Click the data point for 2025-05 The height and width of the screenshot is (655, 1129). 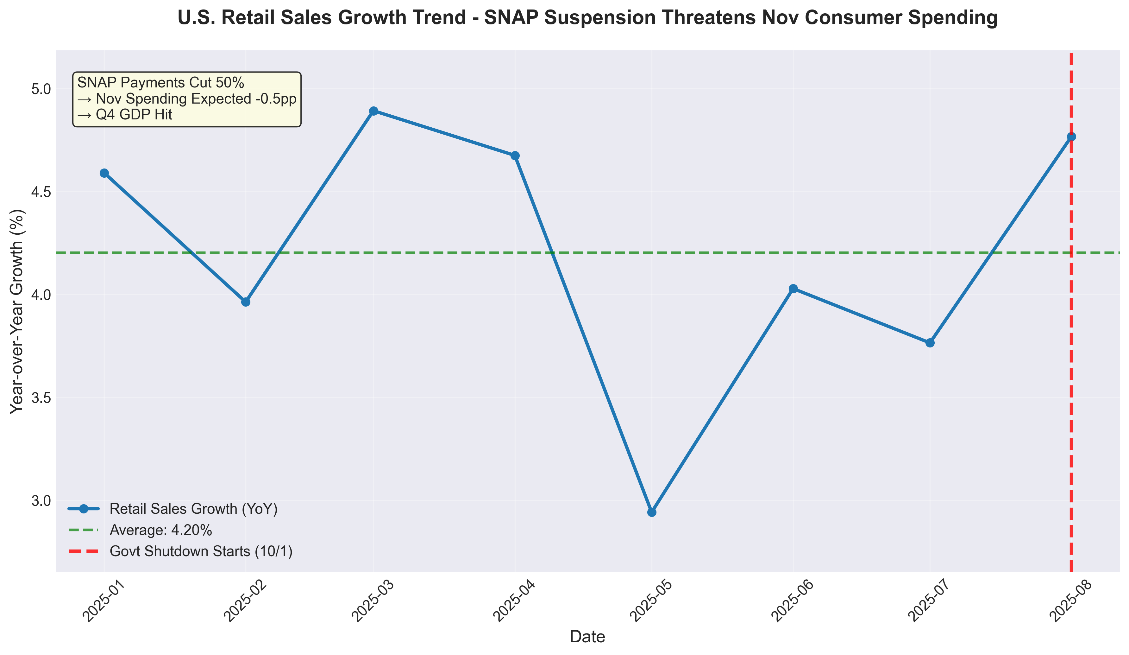[652, 512]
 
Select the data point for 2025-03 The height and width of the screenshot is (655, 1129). [373, 111]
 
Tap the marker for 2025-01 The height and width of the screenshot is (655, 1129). [104, 173]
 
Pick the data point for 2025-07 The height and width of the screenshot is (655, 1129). [930, 342]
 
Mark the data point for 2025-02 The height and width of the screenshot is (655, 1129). [246, 302]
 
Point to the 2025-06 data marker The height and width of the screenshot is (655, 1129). [793, 289]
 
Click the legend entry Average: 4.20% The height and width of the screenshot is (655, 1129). [160, 530]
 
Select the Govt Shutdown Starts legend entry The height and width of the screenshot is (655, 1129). [201, 551]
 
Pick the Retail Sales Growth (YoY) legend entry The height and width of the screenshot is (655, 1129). [193, 509]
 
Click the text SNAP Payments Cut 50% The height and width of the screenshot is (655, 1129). [160, 83]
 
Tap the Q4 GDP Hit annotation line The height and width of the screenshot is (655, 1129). [125, 115]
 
